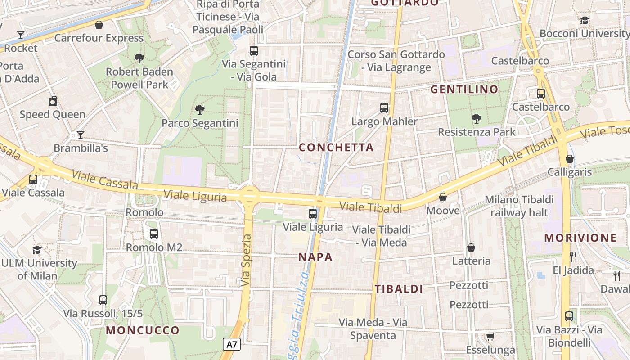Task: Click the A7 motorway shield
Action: pos(232,345)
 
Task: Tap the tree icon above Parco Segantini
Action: pos(199,109)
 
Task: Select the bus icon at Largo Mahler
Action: pos(384,108)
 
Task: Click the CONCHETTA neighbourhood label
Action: pos(336,148)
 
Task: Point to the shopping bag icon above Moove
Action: pos(443,197)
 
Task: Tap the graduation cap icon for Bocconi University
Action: pos(585,20)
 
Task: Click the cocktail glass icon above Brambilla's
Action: pos(80,135)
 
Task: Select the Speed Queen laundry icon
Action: pos(53,101)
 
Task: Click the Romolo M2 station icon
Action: pos(154,234)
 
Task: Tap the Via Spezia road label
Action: pos(246,260)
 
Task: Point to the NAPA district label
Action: pos(315,257)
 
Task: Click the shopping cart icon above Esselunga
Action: pos(490,337)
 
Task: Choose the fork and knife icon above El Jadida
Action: pos(573,257)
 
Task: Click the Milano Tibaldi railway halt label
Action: pos(519,206)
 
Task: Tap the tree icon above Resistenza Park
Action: pos(477,119)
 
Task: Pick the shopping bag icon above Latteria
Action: pos(471,247)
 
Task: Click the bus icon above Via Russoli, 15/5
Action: pos(103,300)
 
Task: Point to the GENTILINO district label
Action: pos(464,89)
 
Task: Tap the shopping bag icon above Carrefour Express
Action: pos(99,25)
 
